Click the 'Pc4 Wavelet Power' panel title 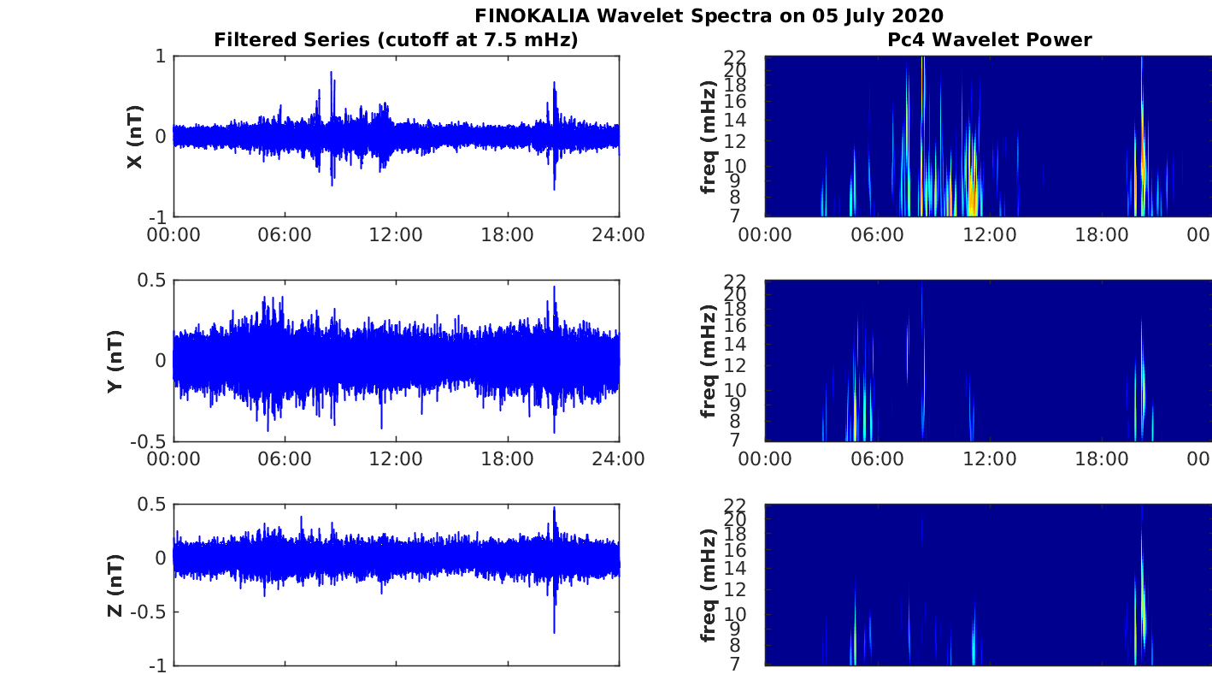tap(996, 39)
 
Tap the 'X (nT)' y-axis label tap(134, 136)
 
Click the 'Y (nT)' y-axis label tap(114, 360)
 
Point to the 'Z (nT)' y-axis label tap(115, 585)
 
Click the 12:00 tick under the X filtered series tap(397, 234)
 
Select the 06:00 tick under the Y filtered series tap(285, 459)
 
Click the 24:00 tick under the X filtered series tap(618, 234)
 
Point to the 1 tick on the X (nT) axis tap(161, 56)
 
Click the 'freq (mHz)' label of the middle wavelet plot tap(708, 360)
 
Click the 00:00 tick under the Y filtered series tap(174, 459)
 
